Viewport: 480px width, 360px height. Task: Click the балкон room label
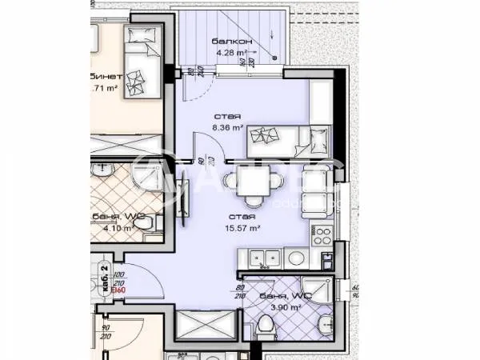coord(233,41)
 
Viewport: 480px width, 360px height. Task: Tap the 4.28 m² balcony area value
coord(233,54)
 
